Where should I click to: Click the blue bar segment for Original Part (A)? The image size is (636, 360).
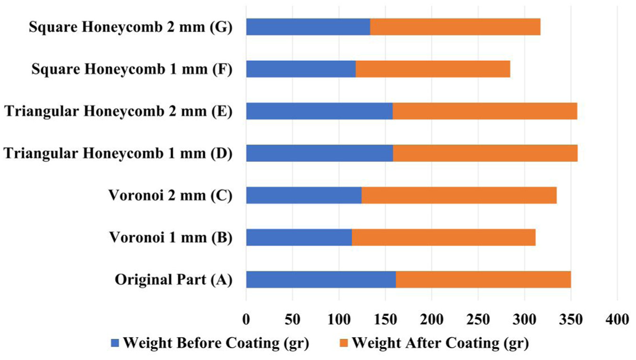321,279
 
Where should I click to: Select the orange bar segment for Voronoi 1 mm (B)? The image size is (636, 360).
444,237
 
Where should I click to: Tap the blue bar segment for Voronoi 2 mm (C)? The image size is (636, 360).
304,195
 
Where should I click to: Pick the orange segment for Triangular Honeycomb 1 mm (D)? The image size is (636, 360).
485,154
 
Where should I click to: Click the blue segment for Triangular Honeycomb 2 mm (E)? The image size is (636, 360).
319,111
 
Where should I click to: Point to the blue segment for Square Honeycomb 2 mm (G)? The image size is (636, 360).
308,27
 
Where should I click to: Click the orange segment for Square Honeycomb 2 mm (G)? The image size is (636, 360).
456,27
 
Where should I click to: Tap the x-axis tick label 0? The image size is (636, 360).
246,319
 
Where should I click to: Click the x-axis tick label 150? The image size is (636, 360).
385,319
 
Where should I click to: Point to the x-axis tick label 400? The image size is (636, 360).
617,319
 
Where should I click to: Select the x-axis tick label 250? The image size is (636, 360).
478,319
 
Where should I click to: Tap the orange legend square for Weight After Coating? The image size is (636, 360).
344,343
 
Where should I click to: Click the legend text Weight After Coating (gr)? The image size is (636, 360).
440,343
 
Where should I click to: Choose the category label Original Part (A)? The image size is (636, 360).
173,280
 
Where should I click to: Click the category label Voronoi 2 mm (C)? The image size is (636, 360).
171,196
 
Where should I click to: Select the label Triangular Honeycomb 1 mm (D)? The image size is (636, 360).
118,154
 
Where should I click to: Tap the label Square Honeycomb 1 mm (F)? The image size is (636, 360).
132,69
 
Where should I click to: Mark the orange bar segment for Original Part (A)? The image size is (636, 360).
483,279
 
